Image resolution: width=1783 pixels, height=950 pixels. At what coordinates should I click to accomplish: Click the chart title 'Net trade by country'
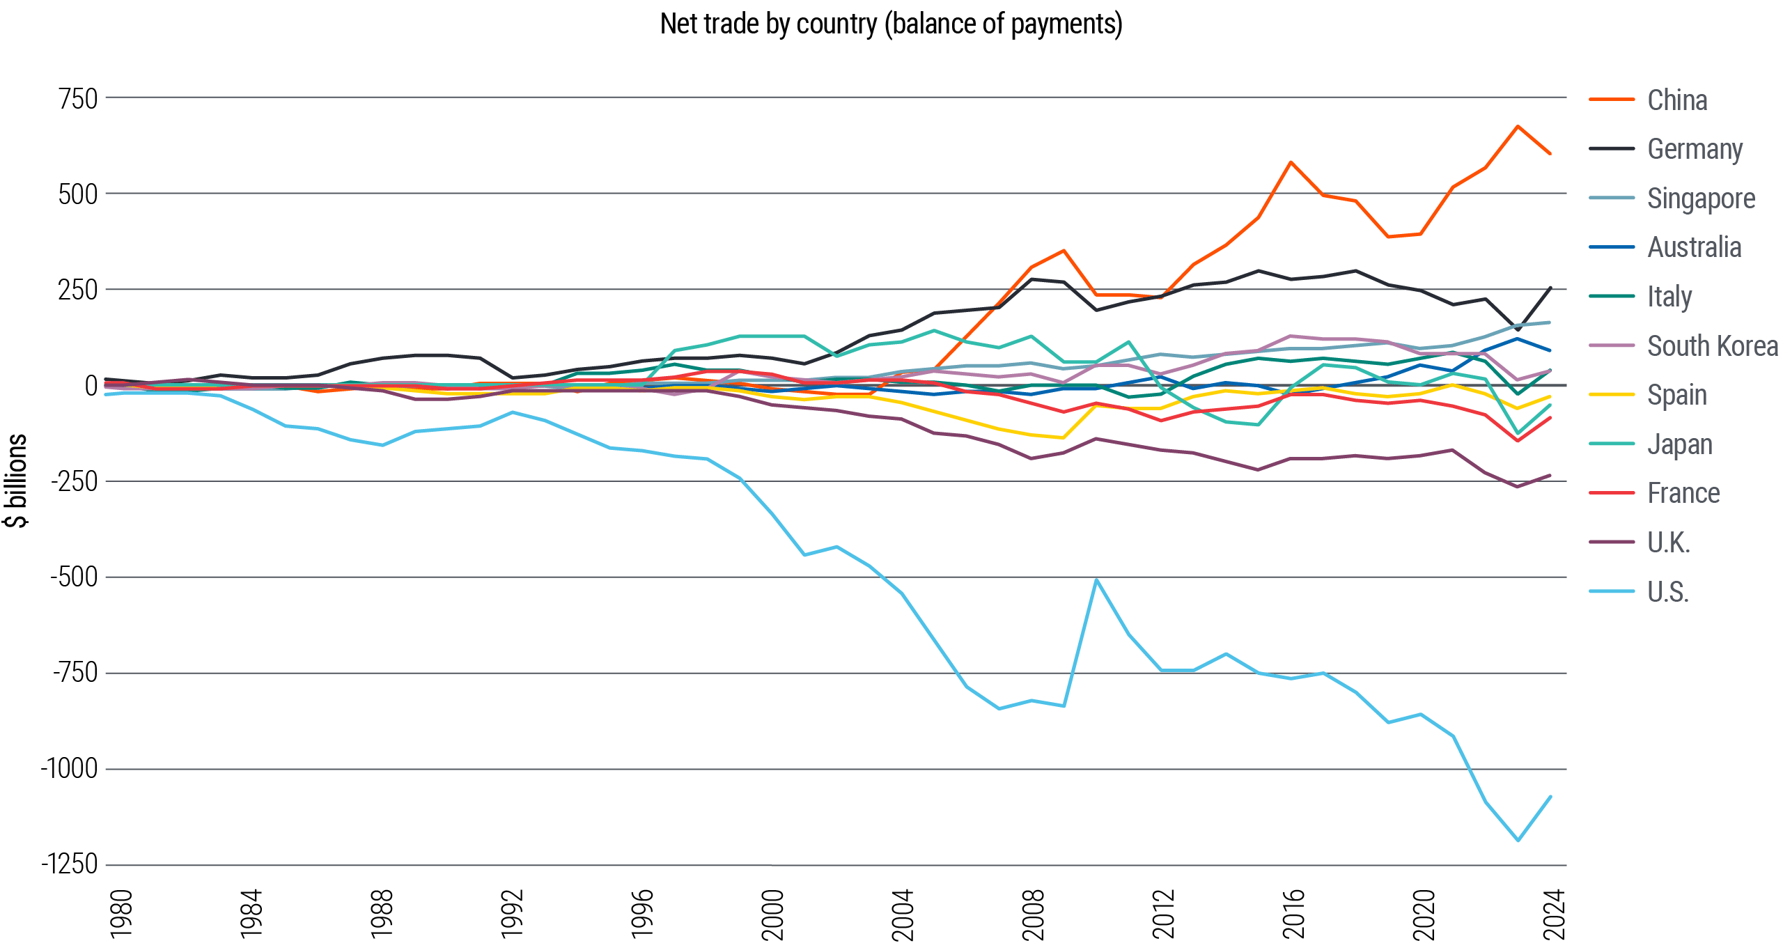[891, 25]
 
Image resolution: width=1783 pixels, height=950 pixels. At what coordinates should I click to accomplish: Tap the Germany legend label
[1695, 149]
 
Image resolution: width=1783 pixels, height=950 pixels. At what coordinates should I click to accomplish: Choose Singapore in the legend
[1700, 198]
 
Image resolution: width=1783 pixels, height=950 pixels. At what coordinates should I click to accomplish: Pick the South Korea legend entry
[1712, 345]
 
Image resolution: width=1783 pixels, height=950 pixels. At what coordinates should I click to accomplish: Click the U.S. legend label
[1667, 591]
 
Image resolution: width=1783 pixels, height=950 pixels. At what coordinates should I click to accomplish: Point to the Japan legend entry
[1679, 444]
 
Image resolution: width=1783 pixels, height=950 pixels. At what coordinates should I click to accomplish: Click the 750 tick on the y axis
[78, 99]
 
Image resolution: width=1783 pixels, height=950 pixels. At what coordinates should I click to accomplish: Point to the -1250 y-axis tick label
[70, 864]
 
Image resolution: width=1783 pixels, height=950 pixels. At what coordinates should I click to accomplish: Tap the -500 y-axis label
[74, 577]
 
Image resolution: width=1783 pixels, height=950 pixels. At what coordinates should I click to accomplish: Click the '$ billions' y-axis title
[17, 481]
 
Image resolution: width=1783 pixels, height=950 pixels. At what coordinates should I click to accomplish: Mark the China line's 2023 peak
[1518, 126]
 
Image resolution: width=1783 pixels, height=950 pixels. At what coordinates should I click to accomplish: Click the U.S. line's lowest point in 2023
[1518, 841]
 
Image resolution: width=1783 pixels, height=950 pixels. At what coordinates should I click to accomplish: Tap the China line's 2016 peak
[1291, 162]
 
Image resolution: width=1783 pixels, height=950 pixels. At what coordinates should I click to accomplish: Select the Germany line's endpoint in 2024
[1550, 287]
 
